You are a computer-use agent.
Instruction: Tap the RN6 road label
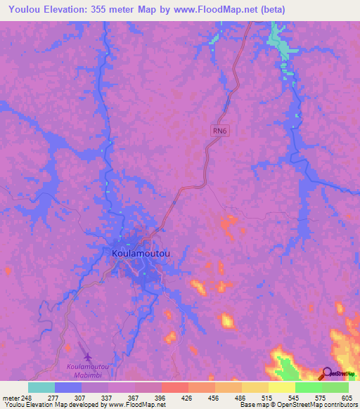(219, 129)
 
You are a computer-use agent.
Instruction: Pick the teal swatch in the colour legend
(41, 387)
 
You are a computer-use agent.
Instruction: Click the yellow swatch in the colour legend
(282, 387)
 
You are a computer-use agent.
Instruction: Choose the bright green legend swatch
(309, 387)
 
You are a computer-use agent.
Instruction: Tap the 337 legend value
(107, 398)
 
